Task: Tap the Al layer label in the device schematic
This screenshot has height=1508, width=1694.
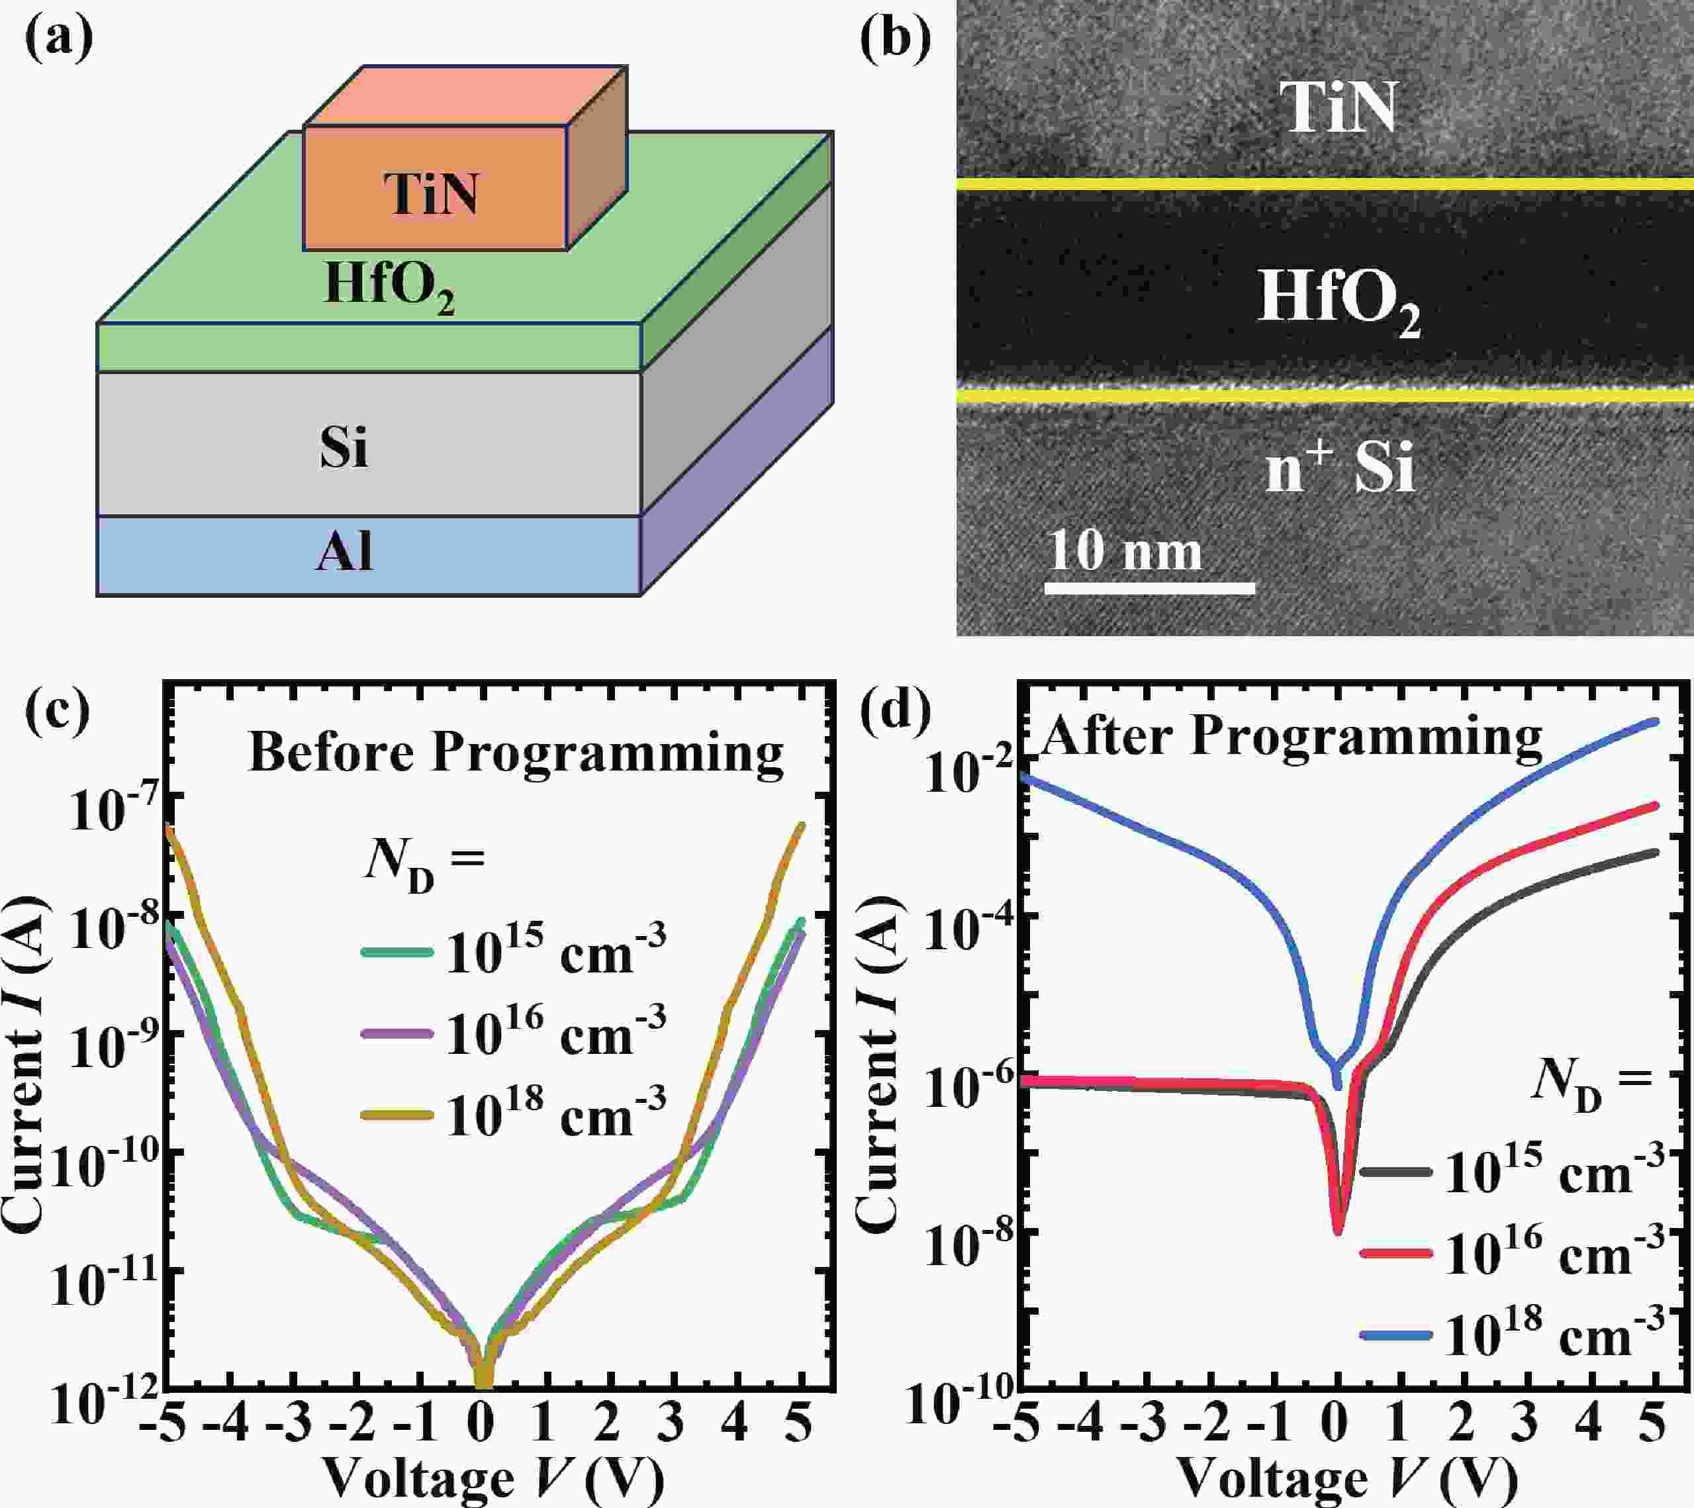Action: [344, 552]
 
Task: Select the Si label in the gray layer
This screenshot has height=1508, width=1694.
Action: [344, 448]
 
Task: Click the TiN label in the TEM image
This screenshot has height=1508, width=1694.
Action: [1339, 108]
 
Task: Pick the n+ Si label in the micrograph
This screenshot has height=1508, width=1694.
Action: [1339, 469]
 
